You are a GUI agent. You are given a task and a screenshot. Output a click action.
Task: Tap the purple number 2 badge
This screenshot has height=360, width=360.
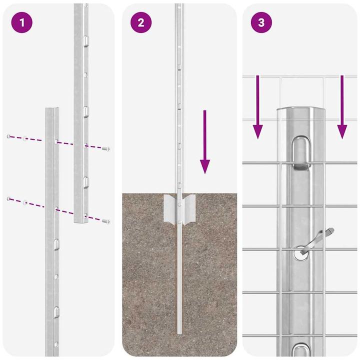click(x=140, y=22)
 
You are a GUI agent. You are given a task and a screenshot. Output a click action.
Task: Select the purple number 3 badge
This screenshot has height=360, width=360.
click(x=260, y=22)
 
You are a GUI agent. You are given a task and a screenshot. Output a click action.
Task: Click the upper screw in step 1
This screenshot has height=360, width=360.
click(x=105, y=148)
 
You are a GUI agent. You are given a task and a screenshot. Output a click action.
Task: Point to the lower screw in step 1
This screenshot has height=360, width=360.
click(x=105, y=220)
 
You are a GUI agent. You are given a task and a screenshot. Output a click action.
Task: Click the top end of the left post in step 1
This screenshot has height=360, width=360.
click(x=52, y=109)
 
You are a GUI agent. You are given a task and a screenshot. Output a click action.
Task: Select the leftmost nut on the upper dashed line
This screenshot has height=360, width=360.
click(x=9, y=136)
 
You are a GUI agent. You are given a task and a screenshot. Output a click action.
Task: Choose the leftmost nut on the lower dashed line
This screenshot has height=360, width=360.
click(x=9, y=199)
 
